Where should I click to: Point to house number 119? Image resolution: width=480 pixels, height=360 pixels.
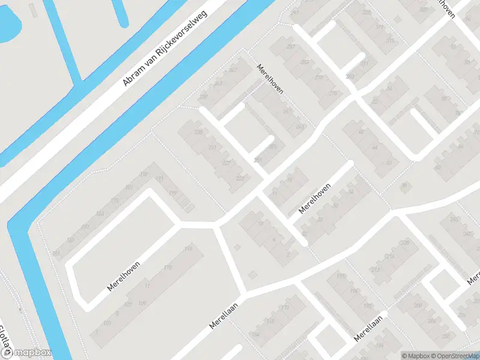190,248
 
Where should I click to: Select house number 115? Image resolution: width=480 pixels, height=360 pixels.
168,267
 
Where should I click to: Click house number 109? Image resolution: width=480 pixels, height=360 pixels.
142,304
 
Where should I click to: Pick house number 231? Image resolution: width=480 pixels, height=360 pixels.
212,147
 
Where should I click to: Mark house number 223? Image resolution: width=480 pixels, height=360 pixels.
240,178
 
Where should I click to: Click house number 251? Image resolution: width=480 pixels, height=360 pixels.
259,160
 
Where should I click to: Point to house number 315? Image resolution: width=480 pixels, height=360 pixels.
391,41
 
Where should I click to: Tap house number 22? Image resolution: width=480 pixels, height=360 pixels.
305,234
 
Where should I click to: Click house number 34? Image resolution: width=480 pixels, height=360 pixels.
350,191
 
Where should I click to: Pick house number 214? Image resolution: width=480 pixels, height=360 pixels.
391,257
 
